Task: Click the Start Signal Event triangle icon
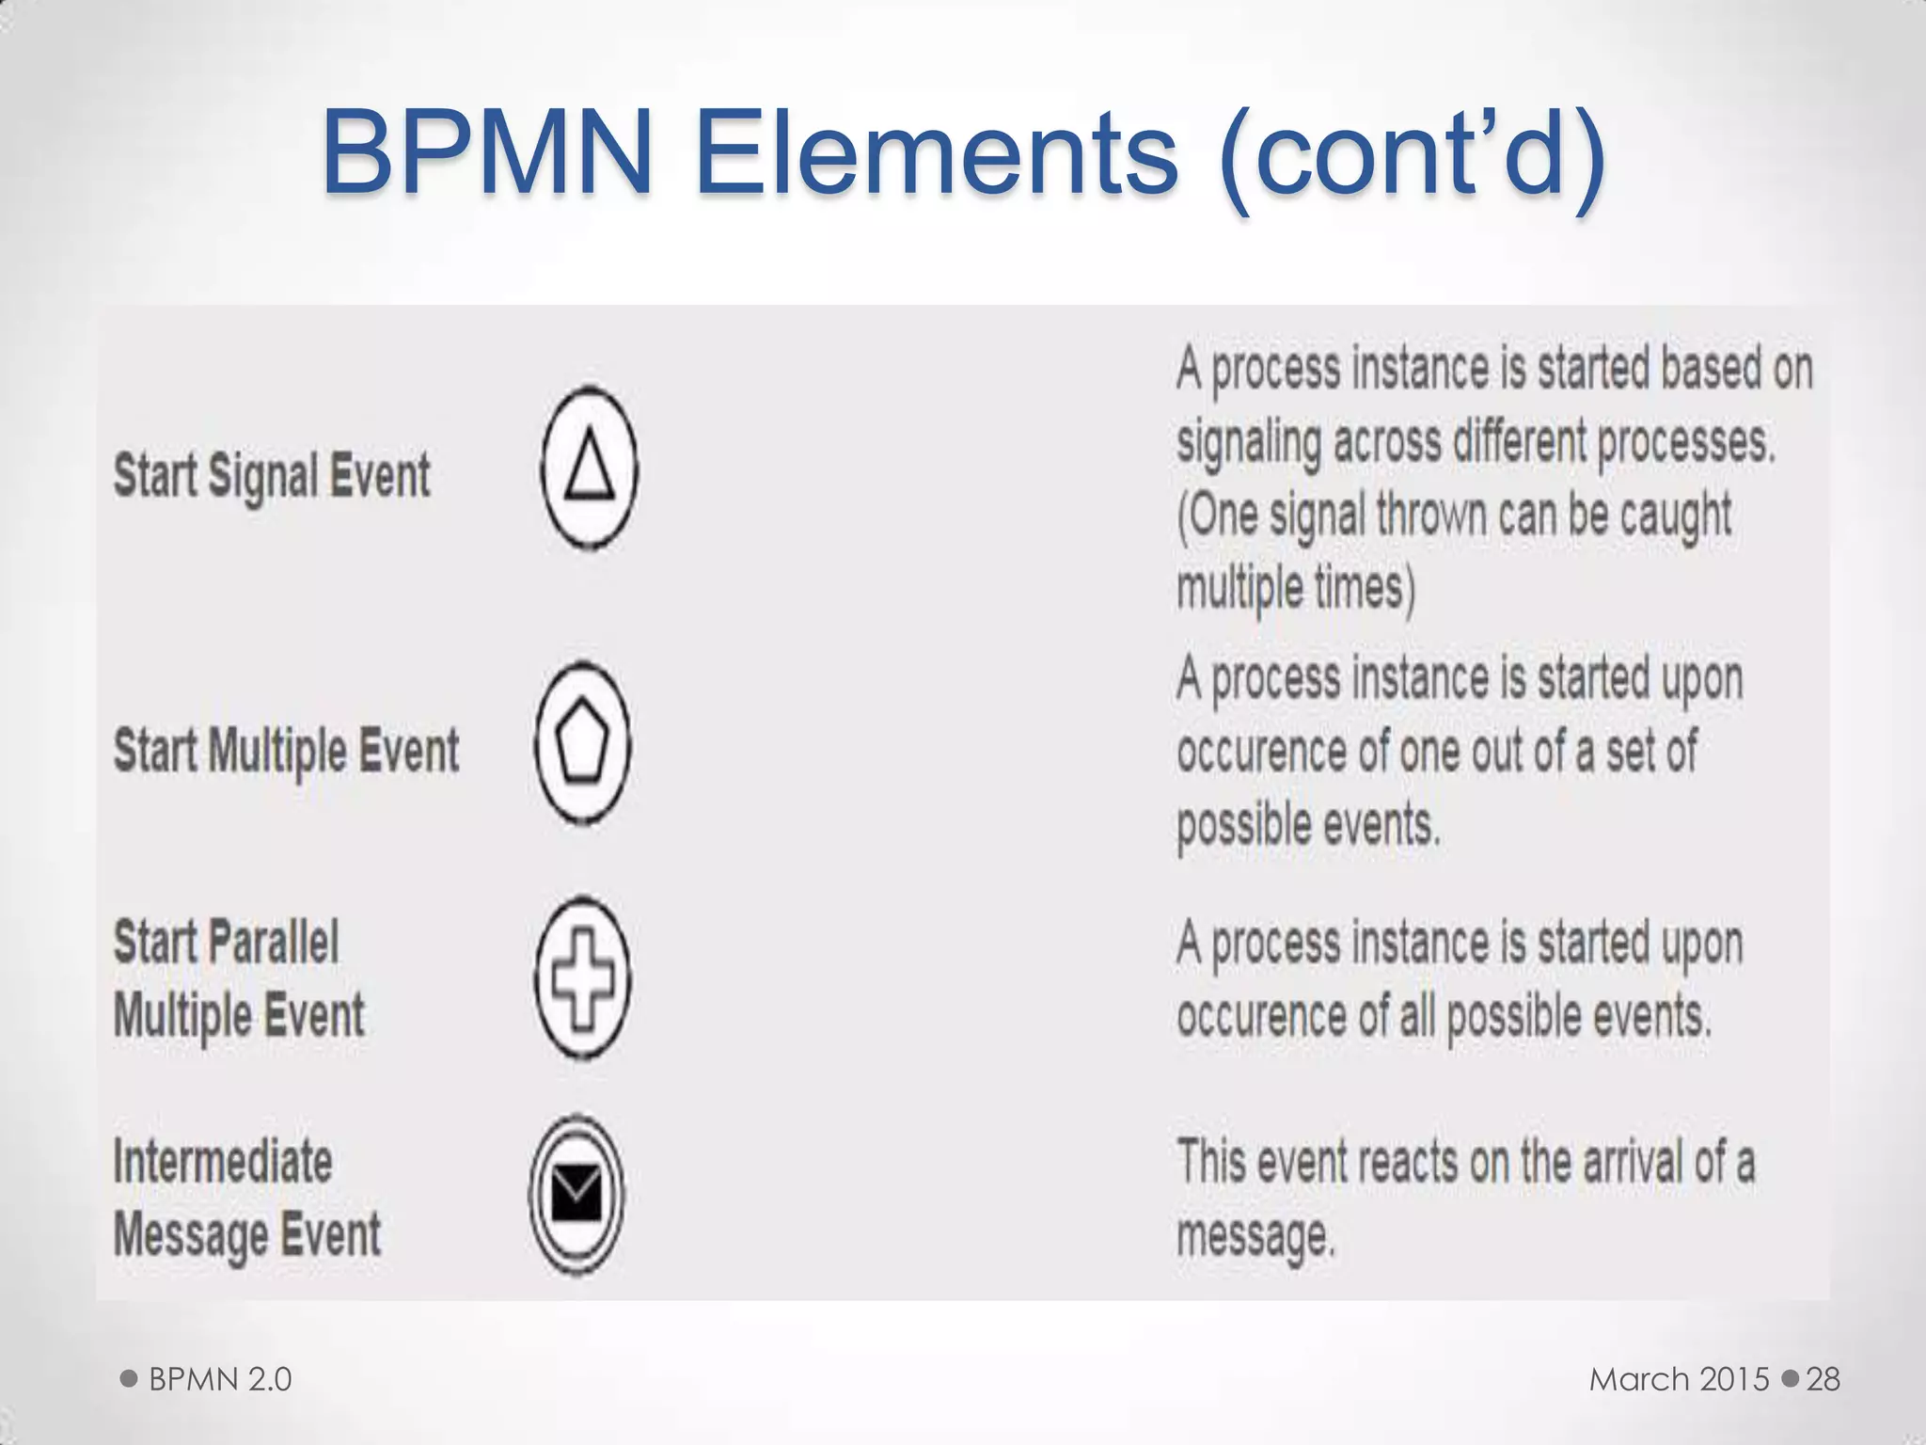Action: (x=590, y=468)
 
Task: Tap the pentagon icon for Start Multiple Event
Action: (x=582, y=744)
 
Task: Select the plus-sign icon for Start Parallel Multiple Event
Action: (x=582, y=977)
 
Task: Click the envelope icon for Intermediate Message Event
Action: (x=576, y=1194)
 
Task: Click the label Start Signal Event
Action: (x=272, y=475)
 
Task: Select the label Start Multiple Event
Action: (x=286, y=751)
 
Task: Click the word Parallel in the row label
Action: (x=273, y=942)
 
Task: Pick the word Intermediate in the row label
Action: (x=223, y=1162)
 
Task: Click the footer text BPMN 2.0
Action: (x=220, y=1379)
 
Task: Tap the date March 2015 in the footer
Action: (x=1679, y=1379)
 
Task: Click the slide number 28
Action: (x=1823, y=1379)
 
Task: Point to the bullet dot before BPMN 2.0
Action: (x=130, y=1379)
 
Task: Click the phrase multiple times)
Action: (x=1295, y=588)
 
